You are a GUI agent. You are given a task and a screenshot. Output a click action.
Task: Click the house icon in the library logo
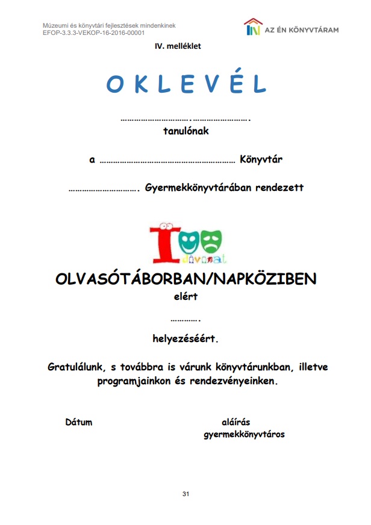[x=253, y=27]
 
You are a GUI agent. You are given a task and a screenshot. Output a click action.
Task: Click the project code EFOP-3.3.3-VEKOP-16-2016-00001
[x=94, y=33]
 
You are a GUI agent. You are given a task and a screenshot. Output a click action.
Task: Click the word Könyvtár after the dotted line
[x=261, y=160]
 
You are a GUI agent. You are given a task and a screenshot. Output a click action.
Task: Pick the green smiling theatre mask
[x=187, y=240]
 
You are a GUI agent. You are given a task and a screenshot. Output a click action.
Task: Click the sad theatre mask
[x=211, y=240]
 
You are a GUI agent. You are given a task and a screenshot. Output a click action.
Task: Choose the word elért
[x=185, y=296]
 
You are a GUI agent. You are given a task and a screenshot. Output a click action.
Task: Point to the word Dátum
[x=79, y=422]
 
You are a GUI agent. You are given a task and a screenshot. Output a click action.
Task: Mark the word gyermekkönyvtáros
[x=245, y=434]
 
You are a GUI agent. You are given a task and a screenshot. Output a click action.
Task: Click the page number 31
[x=185, y=494]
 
